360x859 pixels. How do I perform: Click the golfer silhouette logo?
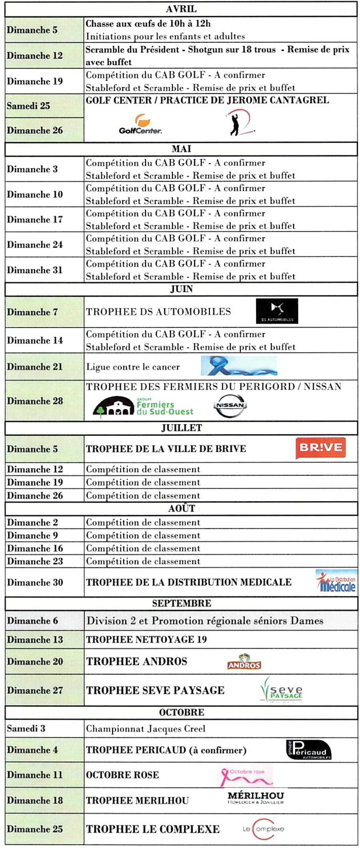tap(239, 123)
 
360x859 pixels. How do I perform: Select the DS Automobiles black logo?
tap(277, 311)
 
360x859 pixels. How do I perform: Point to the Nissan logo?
tap(230, 405)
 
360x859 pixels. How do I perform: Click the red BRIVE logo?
tap(320, 448)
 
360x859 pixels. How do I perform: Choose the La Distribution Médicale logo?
tap(336, 581)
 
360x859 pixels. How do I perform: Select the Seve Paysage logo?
tap(281, 690)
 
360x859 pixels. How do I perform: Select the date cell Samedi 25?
tap(44, 106)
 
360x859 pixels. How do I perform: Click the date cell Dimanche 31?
tap(44, 270)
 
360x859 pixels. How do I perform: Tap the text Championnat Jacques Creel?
tap(146, 729)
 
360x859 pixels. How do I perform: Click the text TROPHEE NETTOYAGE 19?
tap(146, 639)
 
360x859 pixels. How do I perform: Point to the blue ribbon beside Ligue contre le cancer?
tap(239, 366)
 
